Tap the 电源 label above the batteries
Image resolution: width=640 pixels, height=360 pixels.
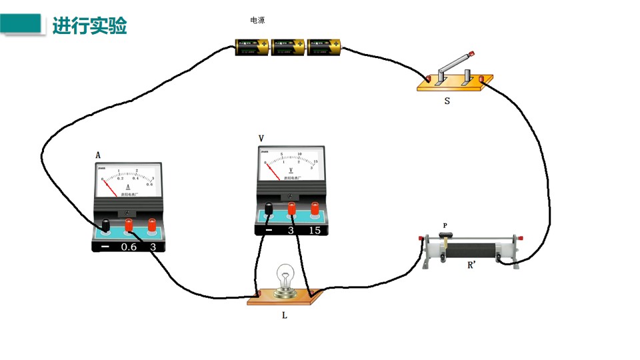257,21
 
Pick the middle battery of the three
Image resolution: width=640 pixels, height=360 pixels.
289,47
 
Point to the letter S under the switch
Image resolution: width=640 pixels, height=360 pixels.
447,103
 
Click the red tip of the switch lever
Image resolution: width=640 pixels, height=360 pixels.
472,53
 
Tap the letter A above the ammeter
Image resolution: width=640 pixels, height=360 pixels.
98,155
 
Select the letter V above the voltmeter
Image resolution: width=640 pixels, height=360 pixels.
261,138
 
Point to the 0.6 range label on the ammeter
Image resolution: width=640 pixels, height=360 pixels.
128,247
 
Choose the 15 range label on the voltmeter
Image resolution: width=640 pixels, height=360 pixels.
314,231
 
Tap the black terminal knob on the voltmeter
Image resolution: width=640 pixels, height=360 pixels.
269,209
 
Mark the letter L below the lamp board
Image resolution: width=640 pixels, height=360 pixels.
285,315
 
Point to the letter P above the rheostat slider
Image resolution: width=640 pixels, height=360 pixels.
445,226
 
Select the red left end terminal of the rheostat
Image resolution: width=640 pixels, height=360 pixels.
420,239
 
